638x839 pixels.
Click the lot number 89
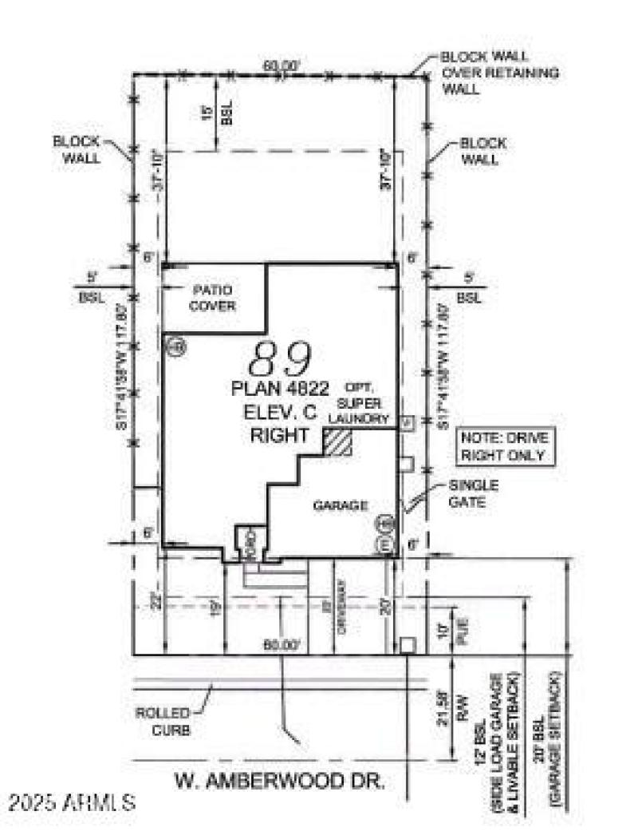click(280, 361)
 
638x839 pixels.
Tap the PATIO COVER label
click(213, 296)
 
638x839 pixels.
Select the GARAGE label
click(341, 505)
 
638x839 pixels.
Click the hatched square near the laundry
click(337, 442)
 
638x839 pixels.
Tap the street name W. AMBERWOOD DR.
click(279, 782)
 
